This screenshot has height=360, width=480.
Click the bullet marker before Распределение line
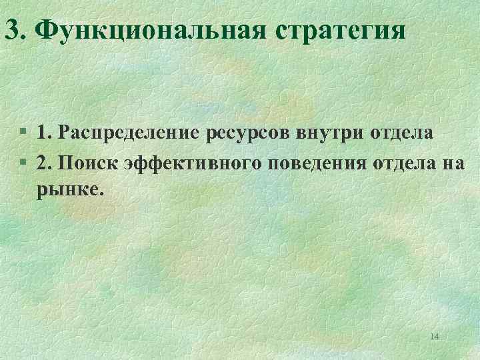coord(24,133)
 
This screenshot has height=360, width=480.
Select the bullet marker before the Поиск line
coord(24,163)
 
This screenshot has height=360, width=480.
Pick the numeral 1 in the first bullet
coord(42,132)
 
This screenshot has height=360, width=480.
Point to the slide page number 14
coord(435,337)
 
